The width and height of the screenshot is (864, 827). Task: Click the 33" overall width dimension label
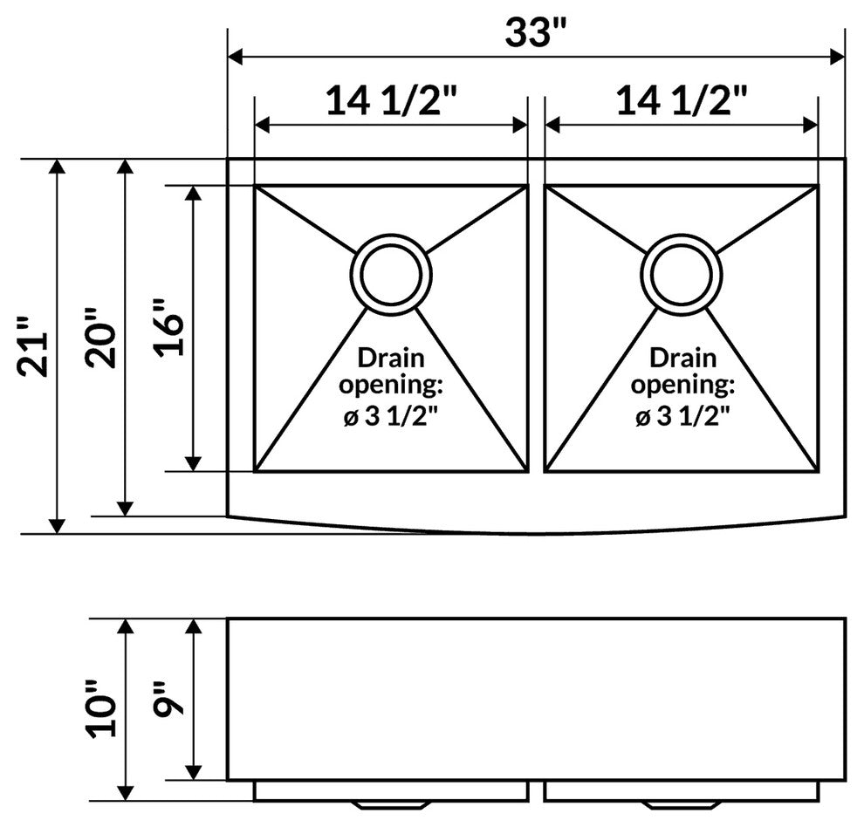[x=536, y=33]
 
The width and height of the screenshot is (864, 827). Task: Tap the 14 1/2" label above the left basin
[x=392, y=102]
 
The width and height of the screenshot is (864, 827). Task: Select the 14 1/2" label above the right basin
[x=682, y=102]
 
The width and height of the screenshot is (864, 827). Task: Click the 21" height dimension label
[x=33, y=352]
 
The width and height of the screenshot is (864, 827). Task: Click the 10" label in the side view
[x=102, y=705]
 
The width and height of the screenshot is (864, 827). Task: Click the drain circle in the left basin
[x=391, y=274]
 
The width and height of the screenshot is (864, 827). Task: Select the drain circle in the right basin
[x=681, y=274]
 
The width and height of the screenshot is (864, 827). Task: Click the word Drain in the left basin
[x=391, y=358]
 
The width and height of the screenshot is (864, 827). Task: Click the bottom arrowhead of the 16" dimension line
[x=194, y=463]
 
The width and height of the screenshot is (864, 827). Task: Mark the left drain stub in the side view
[x=390, y=803]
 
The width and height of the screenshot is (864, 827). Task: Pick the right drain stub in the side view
[x=681, y=803]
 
